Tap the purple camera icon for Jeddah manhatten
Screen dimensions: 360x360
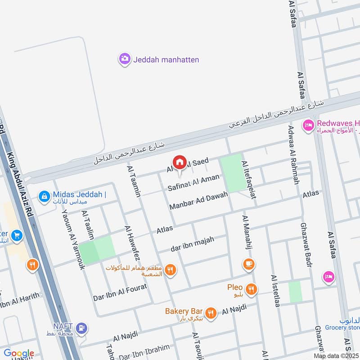[x=125, y=59]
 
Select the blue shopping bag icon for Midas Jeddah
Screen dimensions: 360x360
[x=44, y=196]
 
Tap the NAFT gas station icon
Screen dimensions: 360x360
[x=81, y=328]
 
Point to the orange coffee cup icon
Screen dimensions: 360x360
[x=248, y=264]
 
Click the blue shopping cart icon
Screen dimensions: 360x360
[x=17, y=235]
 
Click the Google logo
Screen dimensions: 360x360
[x=19, y=353]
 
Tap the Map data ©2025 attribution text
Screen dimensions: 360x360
[x=336, y=355]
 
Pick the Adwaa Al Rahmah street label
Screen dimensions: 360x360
[x=293, y=154]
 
